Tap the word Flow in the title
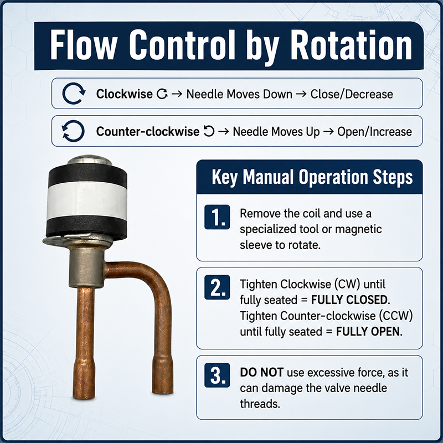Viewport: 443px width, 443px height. tap(84, 45)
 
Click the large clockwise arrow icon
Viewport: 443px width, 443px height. tap(74, 94)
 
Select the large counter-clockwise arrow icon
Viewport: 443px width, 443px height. tap(73, 131)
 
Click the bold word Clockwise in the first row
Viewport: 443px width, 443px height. tap(124, 94)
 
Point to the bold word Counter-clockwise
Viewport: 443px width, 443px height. tap(148, 131)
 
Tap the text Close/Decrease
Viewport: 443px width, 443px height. tap(352, 94)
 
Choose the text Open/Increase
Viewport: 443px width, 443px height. tap(374, 132)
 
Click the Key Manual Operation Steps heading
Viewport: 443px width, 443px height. tap(312, 177)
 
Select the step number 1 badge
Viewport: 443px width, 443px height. tap(217, 217)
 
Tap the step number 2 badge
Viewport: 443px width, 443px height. tap(217, 287)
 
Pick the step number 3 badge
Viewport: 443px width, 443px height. tap(217, 375)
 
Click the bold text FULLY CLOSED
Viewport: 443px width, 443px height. tap(351, 300)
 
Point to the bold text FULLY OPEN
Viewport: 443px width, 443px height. tap(369, 332)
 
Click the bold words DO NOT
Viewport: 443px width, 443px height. tap(261, 372)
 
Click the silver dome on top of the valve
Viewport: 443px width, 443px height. tap(90, 160)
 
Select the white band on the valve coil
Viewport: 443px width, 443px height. tap(87, 200)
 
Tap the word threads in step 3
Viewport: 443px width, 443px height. tap(260, 404)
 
